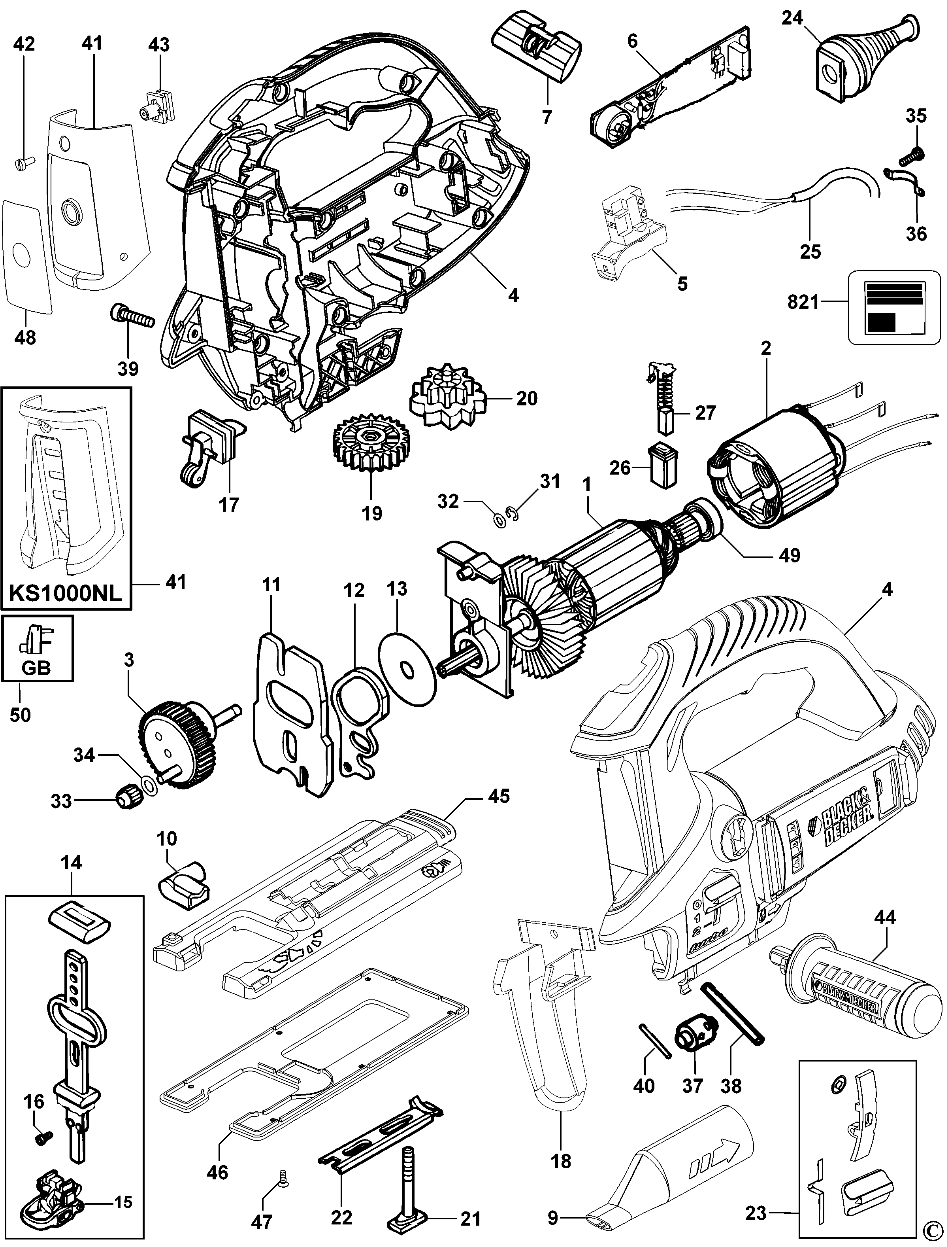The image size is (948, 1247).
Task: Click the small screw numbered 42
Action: (23, 163)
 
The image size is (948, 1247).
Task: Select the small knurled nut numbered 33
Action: (125, 800)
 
